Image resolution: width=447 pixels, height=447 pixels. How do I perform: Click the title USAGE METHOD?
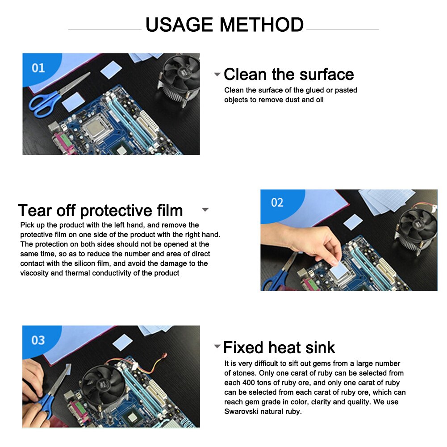pos(224,25)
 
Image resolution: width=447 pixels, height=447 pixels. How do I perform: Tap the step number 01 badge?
pos(38,67)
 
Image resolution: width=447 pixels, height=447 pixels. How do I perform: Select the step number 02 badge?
pos(277,203)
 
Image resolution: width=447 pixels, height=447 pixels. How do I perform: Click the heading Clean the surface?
pos(288,74)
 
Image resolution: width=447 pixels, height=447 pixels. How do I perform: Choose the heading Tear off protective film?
pos(100,210)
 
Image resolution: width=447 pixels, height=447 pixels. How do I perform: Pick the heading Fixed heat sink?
pos(279,347)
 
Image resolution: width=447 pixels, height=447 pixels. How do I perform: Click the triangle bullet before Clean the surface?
pos(217,75)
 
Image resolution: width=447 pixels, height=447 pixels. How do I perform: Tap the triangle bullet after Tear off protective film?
pos(205,209)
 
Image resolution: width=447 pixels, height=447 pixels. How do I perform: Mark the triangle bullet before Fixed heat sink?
pos(217,347)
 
